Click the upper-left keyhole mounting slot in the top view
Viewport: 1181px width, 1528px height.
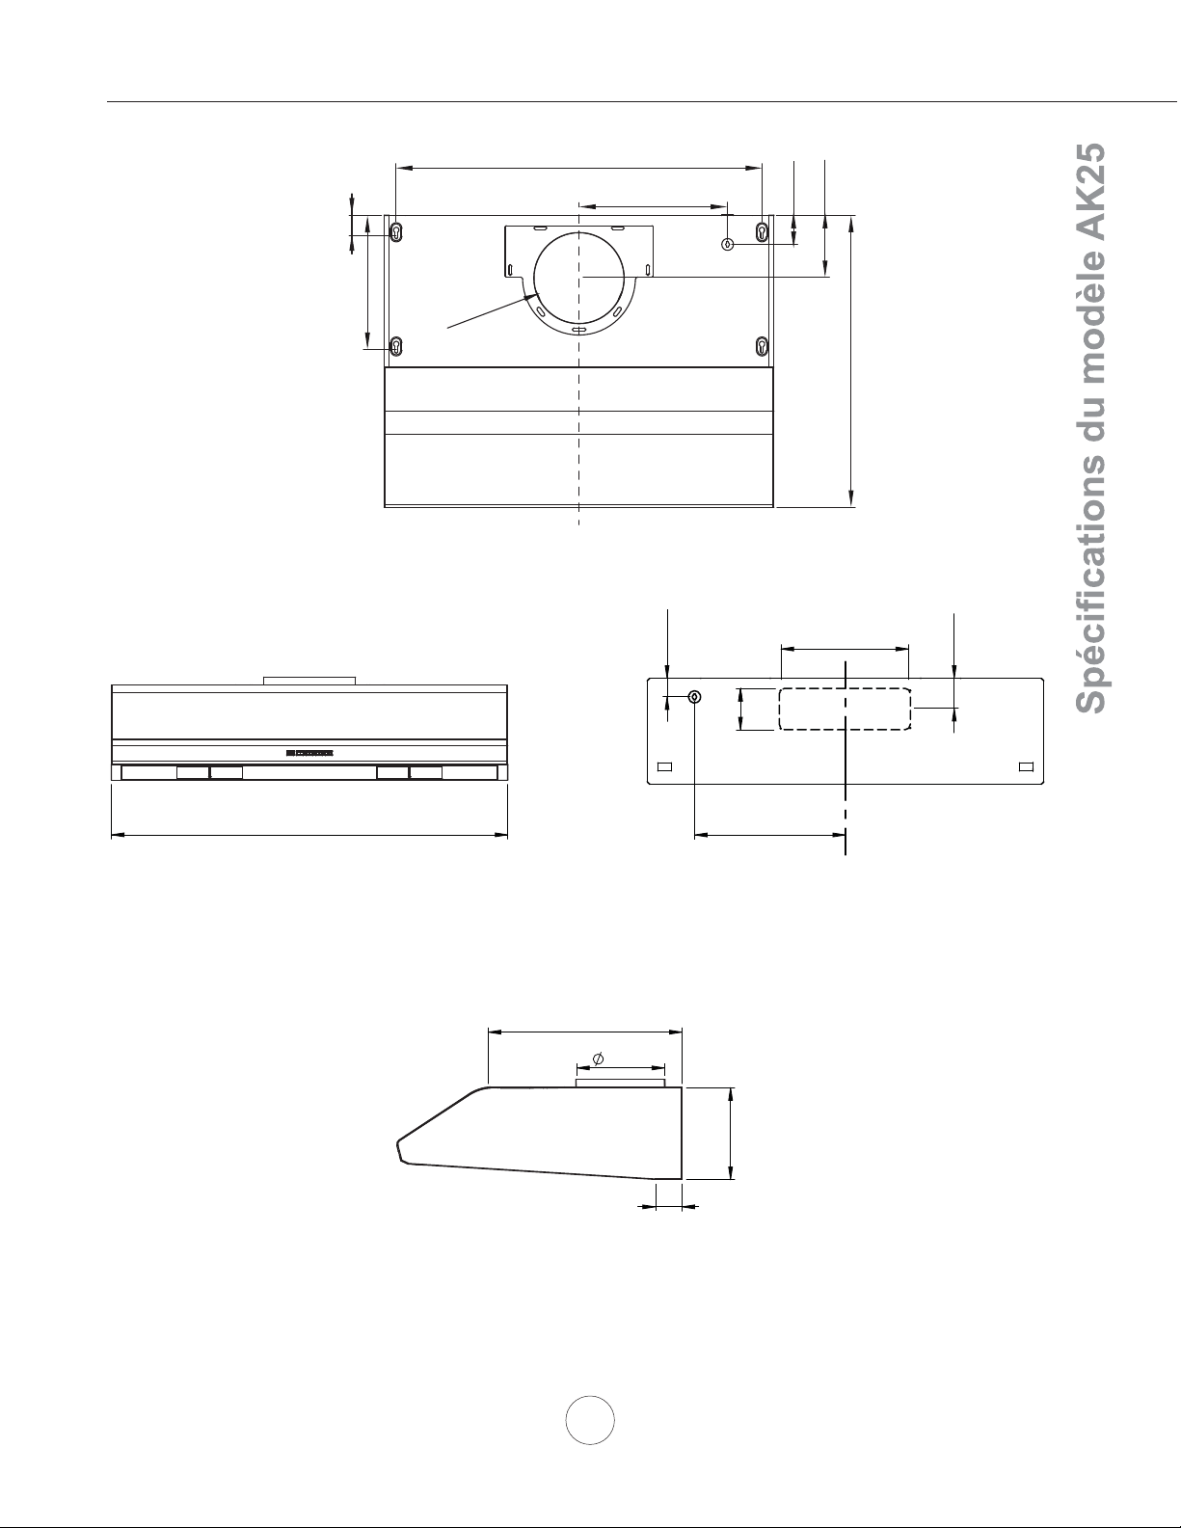pos(396,232)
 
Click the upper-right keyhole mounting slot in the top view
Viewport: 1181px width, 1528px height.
pos(762,232)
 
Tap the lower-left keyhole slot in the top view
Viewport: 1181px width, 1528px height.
pos(396,346)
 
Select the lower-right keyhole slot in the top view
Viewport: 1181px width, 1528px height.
pos(762,346)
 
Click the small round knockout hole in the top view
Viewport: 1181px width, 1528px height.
pos(728,245)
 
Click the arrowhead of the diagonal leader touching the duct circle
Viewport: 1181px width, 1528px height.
pos(534,296)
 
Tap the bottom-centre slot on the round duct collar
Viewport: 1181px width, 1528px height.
pos(578,331)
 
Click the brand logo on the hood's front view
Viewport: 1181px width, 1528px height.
pos(309,753)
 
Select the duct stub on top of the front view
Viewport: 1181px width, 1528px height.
pos(309,681)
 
